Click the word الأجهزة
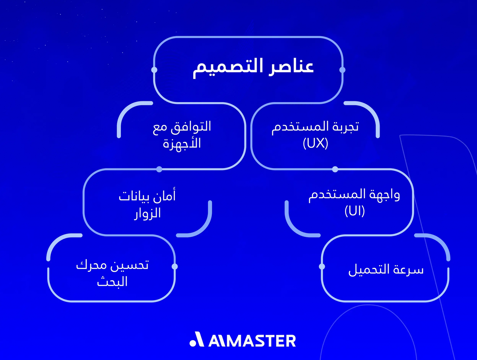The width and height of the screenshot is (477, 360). click(182, 143)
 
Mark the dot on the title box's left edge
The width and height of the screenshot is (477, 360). click(154, 70)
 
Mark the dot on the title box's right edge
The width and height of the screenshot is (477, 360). click(343, 70)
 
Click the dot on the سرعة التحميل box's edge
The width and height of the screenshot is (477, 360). click(322, 266)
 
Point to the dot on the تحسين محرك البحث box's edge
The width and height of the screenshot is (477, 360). click(175, 266)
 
